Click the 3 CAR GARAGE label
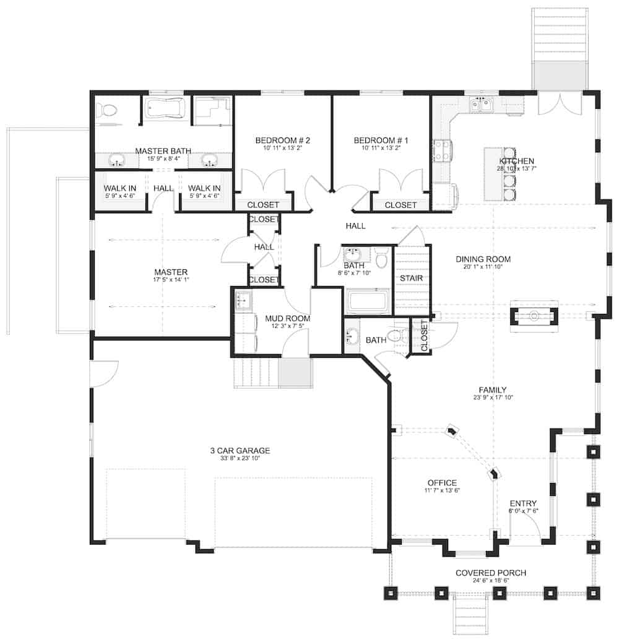coord(240,450)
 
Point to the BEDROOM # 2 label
coord(282,141)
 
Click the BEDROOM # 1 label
coord(381,141)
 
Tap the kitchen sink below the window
coord(481,105)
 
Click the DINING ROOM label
coord(483,259)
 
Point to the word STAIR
coord(411,278)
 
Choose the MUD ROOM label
coord(287,318)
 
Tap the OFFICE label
coord(442,483)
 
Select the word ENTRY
coord(523,503)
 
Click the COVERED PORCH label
coord(491,573)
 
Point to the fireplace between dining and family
coord(534,316)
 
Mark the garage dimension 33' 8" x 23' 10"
coord(240,459)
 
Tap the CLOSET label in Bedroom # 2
coord(264,205)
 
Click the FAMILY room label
coord(493,389)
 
